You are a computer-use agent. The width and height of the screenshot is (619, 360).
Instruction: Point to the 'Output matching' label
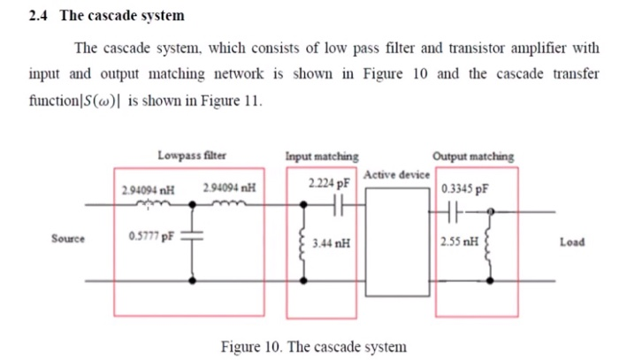coord(473,157)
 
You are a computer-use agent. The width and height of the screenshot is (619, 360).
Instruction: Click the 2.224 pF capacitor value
coord(329,184)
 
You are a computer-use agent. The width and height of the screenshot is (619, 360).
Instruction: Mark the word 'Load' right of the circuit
coord(571,241)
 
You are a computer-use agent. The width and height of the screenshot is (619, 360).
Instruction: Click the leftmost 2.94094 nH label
coord(147,188)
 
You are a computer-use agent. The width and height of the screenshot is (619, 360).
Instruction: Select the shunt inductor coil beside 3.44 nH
coord(306,241)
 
